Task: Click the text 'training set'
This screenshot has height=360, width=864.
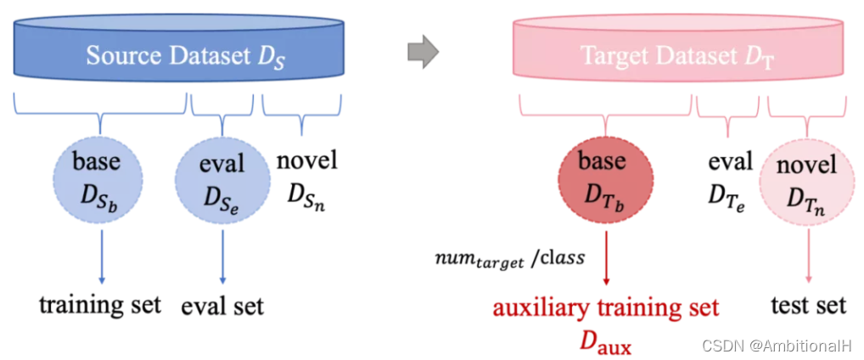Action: [100, 303]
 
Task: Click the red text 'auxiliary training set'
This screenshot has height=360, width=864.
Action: [605, 307]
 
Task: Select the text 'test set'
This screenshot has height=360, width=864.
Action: [808, 304]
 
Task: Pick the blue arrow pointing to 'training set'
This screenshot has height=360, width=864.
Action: [101, 250]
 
